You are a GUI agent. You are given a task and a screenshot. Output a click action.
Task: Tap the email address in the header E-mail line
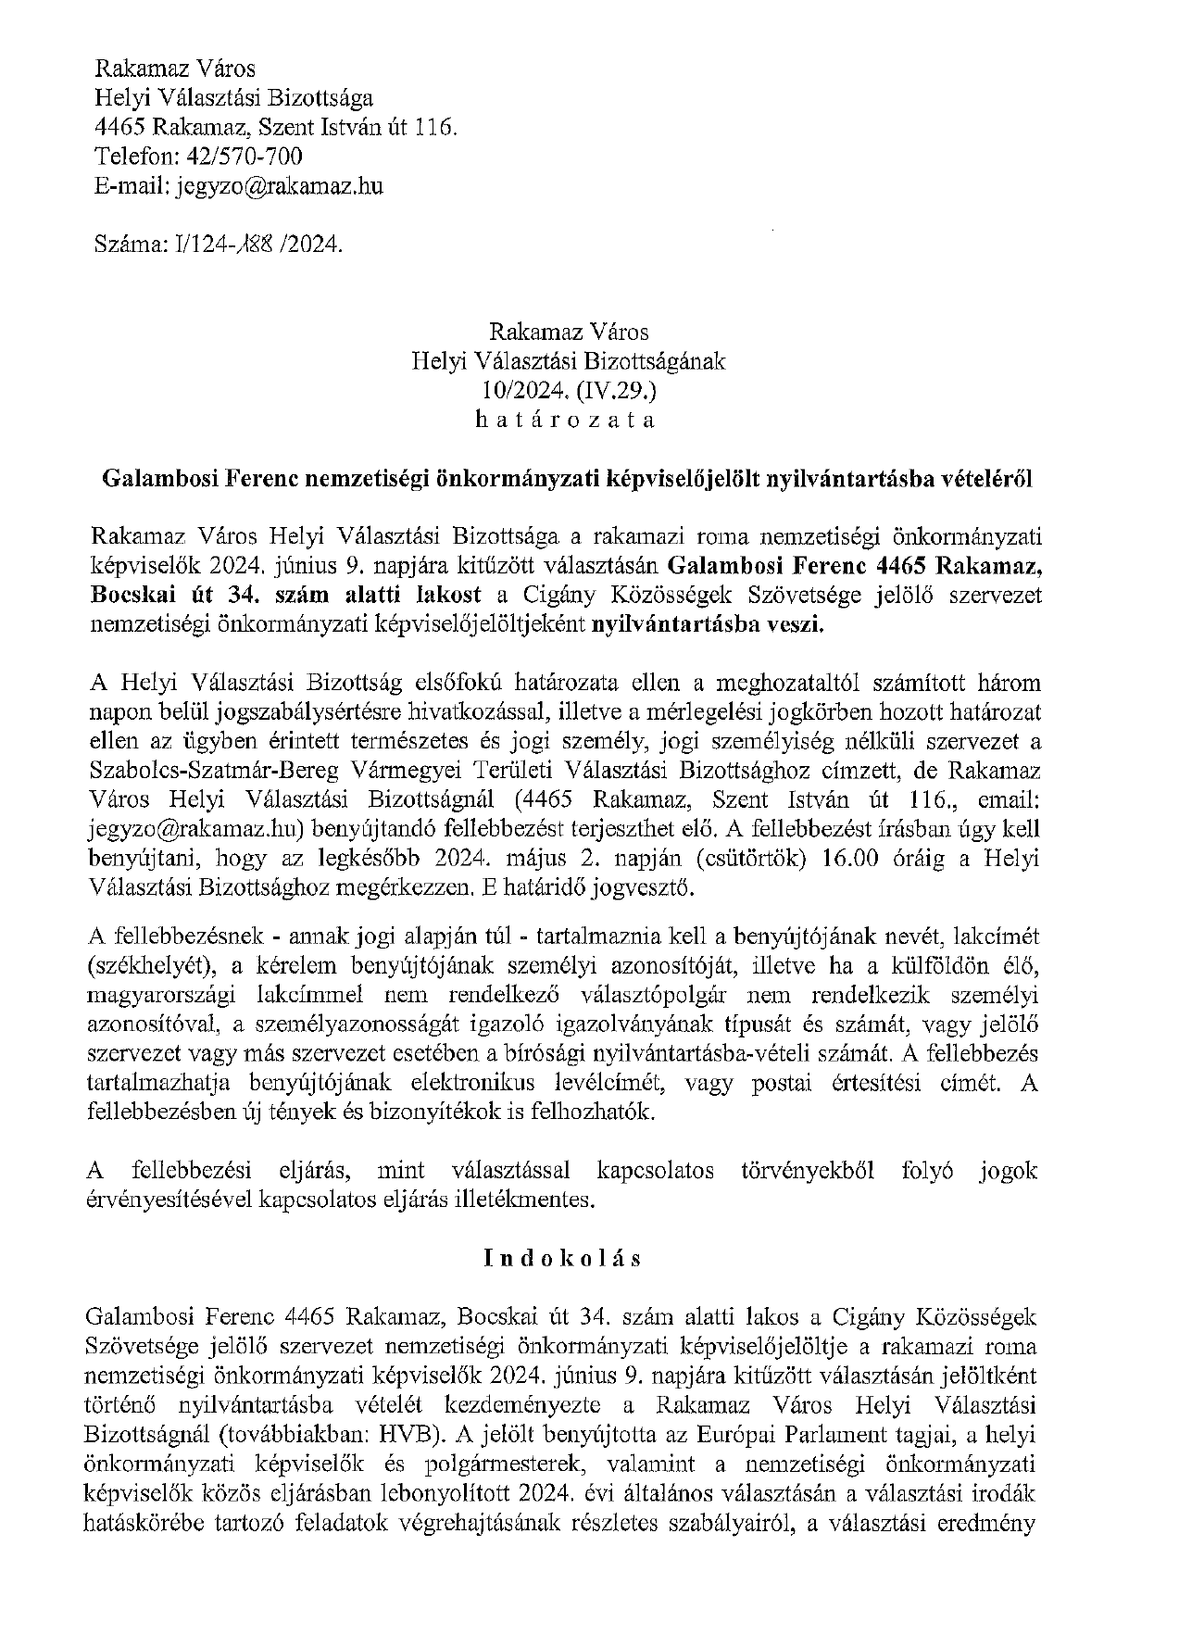coord(277,185)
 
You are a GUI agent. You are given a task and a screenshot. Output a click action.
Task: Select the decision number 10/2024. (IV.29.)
coord(568,390)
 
